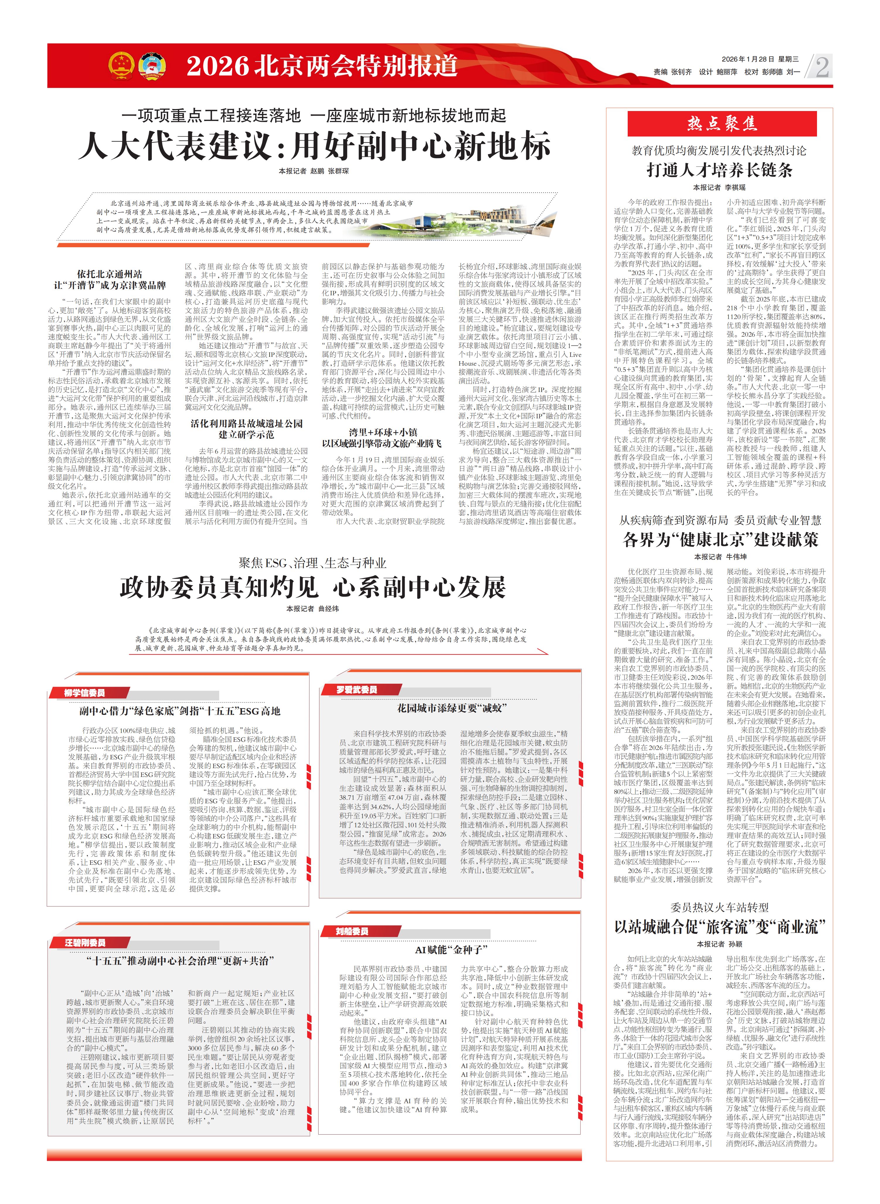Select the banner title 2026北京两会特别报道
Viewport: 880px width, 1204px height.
point(322,66)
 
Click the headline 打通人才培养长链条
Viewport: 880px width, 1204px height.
point(719,170)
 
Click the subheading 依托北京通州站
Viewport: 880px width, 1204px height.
point(110,274)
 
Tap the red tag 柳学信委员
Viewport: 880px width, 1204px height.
point(85,692)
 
